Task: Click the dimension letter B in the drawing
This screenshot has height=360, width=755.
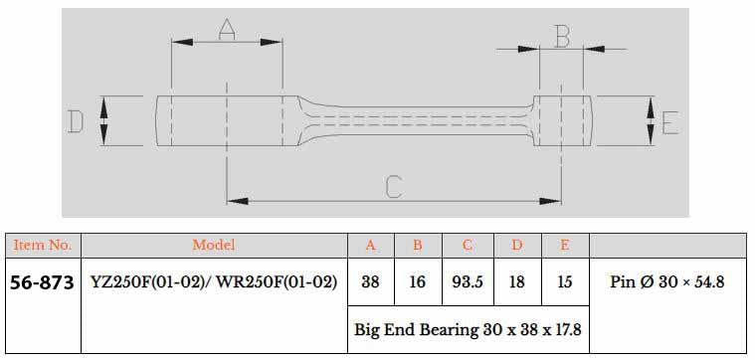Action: (562, 38)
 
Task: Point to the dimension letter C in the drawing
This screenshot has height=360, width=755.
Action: (394, 185)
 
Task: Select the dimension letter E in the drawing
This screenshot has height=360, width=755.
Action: (668, 122)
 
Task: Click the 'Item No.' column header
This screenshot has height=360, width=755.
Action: (42, 245)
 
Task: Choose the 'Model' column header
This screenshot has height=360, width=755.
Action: (213, 245)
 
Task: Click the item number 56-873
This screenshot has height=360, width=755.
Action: (42, 282)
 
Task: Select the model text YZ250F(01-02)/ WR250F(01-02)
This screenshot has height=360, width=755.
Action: (213, 282)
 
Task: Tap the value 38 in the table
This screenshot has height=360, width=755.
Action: (370, 282)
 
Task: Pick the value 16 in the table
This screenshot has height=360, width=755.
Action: (417, 282)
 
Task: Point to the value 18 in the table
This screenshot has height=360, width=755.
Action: (516, 282)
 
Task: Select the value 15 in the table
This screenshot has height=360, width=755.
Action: (565, 282)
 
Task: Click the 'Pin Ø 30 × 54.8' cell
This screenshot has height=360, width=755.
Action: (666, 282)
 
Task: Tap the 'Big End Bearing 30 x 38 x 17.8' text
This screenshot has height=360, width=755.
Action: (468, 329)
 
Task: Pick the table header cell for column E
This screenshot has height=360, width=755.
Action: (565, 245)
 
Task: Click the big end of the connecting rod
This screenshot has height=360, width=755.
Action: (227, 121)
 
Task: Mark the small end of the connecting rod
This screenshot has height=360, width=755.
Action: (563, 121)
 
